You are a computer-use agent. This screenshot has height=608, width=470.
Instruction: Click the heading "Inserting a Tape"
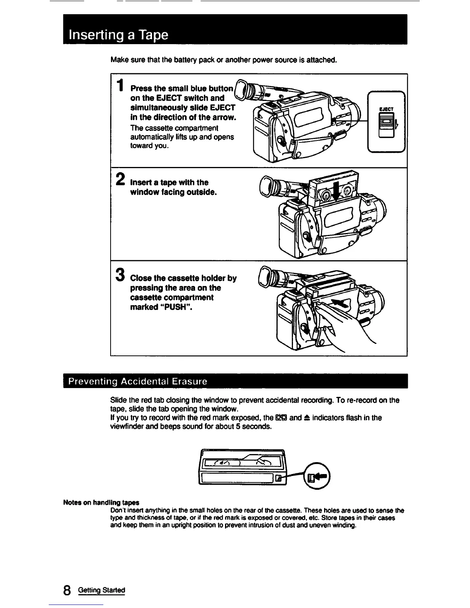click(118, 35)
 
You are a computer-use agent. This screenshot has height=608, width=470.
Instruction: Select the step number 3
click(120, 275)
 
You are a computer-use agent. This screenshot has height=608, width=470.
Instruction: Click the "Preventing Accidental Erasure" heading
click(137, 382)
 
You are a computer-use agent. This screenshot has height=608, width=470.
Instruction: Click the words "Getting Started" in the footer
click(101, 590)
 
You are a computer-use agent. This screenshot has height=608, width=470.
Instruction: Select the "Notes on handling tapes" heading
click(101, 502)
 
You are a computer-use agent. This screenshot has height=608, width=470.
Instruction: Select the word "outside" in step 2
click(201, 192)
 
